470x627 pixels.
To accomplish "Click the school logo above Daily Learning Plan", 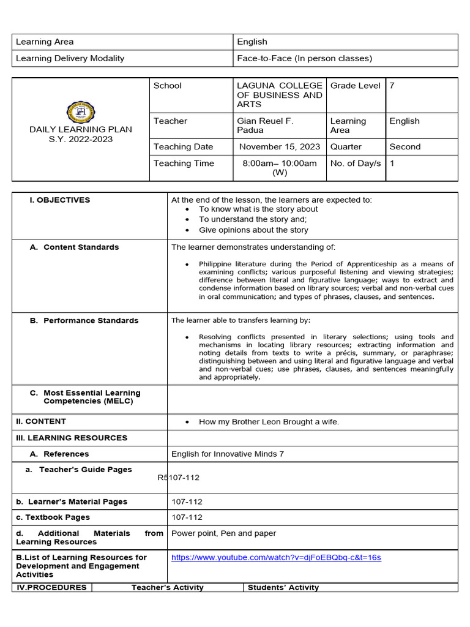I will click(x=81, y=112).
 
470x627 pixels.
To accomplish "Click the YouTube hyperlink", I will click(x=276, y=557).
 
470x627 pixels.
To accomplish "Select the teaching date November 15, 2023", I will click(x=279, y=147).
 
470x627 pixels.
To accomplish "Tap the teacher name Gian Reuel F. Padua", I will click(x=265, y=126).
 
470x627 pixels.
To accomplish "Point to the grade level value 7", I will click(x=392, y=86).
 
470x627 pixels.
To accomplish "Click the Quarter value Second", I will click(x=405, y=147).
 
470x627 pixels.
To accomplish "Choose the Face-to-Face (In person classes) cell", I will click(x=304, y=59).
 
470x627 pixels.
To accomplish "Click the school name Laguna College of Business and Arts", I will click(x=279, y=95).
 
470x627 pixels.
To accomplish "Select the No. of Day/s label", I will click(x=355, y=163).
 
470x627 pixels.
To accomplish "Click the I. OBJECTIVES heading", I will click(x=60, y=200).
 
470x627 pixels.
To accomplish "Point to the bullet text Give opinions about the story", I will click(x=253, y=230).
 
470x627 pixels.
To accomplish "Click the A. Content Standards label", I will click(x=75, y=247).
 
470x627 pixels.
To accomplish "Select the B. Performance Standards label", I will click(x=84, y=321).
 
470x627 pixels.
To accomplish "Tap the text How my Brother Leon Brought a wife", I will click(x=269, y=422).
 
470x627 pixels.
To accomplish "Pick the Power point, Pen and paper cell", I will click(x=223, y=533).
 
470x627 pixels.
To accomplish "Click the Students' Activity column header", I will click(x=283, y=588).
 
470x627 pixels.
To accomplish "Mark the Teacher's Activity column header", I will click(x=167, y=588).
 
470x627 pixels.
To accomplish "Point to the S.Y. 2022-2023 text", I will click(x=81, y=139).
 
